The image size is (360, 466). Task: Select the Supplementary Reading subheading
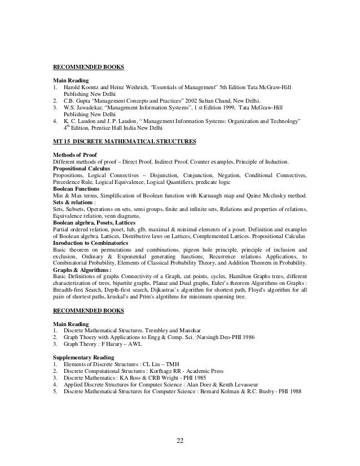84,358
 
